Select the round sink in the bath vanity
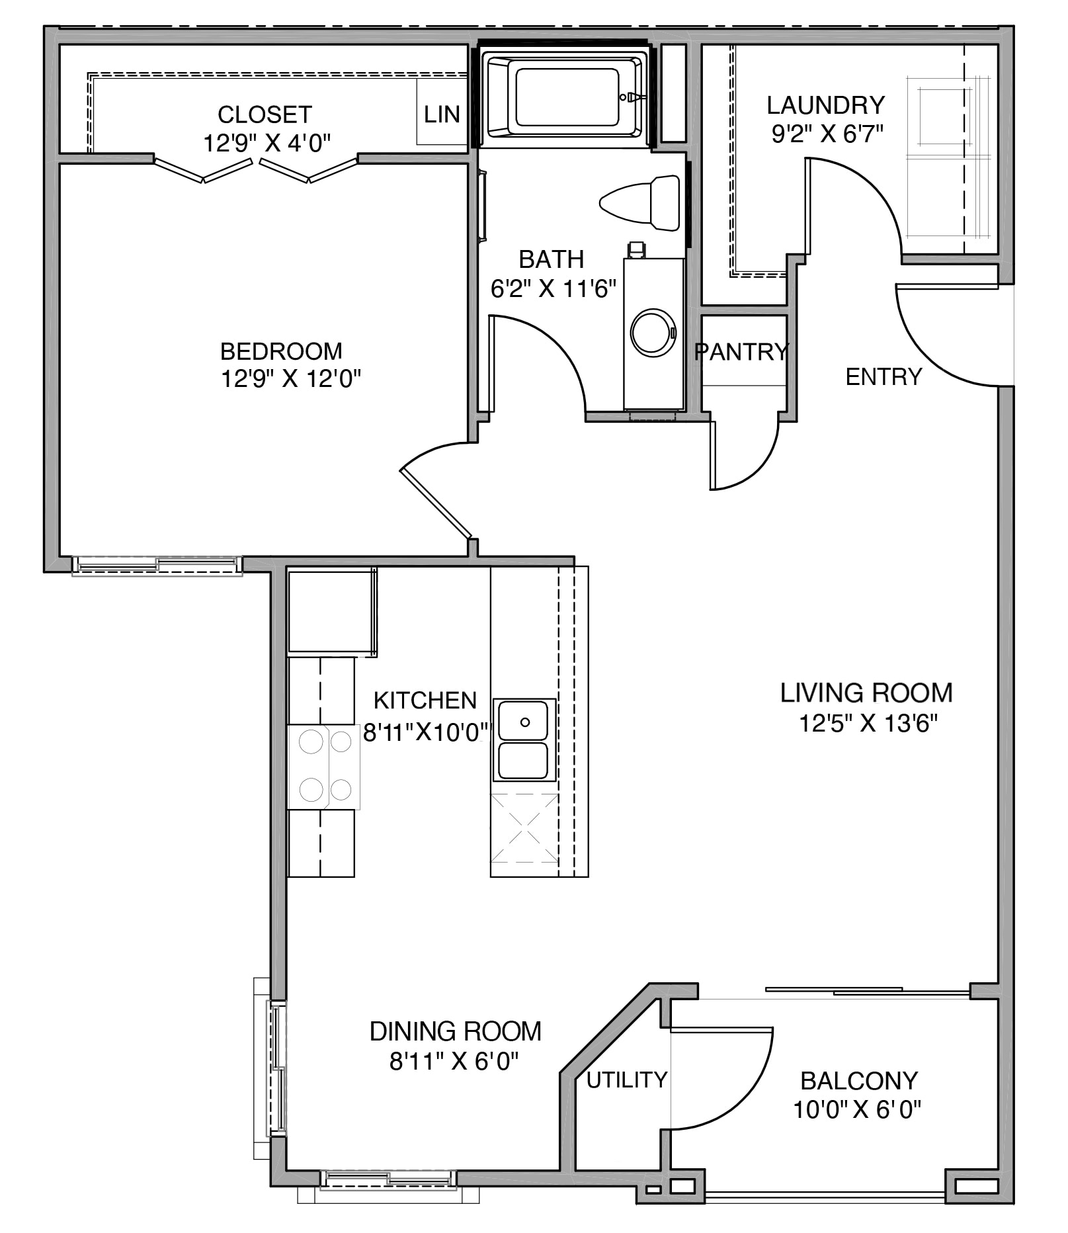[x=653, y=332]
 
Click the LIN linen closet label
[x=442, y=114]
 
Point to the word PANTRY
[x=742, y=352]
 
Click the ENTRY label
[x=883, y=376]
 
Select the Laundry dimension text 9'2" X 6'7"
[x=827, y=134]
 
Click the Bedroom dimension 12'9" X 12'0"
[x=290, y=379]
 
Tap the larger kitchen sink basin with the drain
[x=523, y=721]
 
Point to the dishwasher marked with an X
[x=524, y=828]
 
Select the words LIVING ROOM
[x=866, y=693]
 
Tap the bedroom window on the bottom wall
[x=157, y=565]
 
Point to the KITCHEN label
[x=425, y=700]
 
